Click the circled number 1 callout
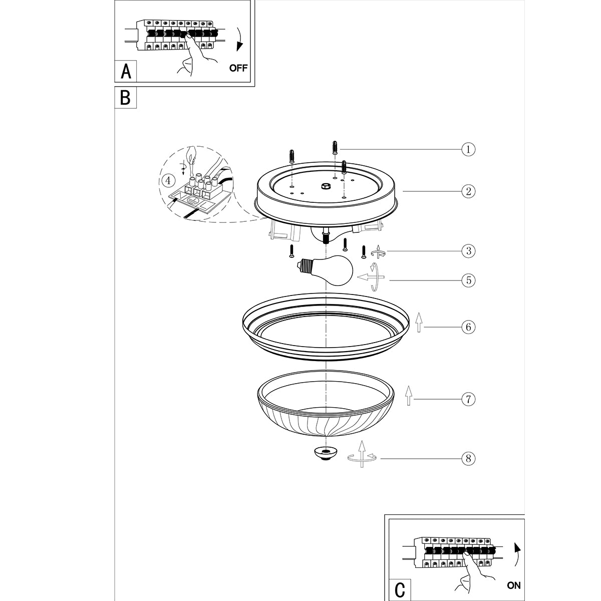[468, 149]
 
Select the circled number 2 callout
[468, 191]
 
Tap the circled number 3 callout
[468, 251]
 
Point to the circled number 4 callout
[169, 179]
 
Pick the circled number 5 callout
[468, 280]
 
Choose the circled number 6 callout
[468, 327]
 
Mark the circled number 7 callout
[468, 399]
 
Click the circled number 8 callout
[468, 458]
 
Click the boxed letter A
[126, 71]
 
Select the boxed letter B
[125, 97]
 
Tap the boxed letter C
[400, 589]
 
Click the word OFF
[238, 68]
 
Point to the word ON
[513, 585]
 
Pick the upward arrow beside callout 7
[409, 395]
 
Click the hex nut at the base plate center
[325, 186]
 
